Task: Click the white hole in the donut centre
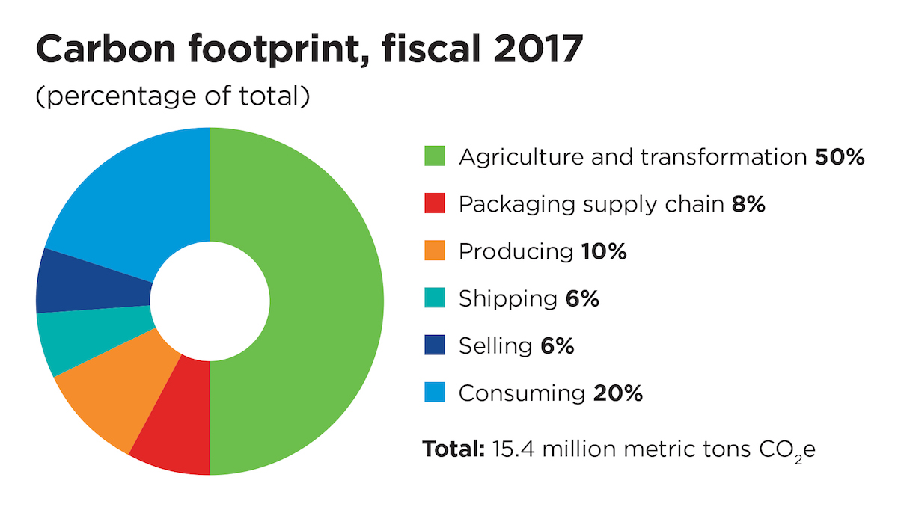[210, 301]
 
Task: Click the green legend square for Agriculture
[435, 156]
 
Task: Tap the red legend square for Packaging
[435, 203]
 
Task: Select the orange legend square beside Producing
[435, 251]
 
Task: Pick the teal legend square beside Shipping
[435, 298]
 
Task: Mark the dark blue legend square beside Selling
[435, 345]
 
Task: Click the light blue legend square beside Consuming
[435, 392]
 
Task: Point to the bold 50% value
[840, 156]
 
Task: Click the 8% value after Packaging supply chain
[748, 204]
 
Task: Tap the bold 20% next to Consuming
[618, 393]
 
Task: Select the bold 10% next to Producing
[604, 251]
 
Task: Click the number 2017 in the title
[538, 49]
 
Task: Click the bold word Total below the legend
[453, 449]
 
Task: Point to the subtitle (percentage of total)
[173, 96]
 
